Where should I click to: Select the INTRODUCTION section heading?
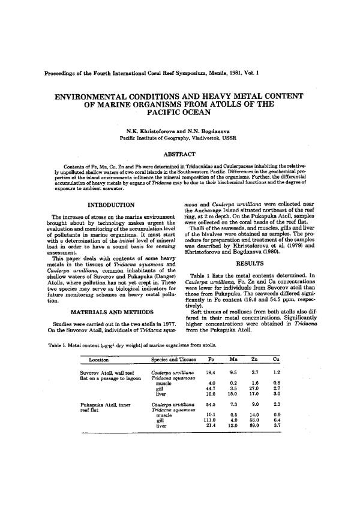click(x=111, y=206)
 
